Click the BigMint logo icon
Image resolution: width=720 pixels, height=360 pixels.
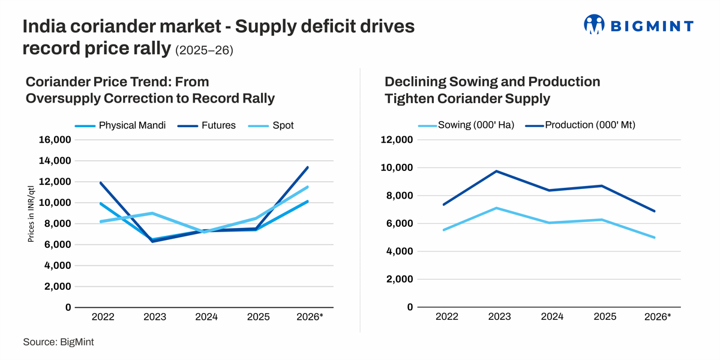pyautogui.click(x=595, y=25)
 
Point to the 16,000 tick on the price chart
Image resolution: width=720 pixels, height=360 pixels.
pyautogui.click(x=56, y=140)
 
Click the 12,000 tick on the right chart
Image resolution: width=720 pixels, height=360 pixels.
pyautogui.click(x=397, y=140)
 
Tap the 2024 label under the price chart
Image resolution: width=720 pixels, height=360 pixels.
pyautogui.click(x=206, y=316)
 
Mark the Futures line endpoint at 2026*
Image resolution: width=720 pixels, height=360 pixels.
pyautogui.click(x=308, y=167)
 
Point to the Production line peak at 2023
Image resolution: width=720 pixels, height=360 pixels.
pyautogui.click(x=496, y=171)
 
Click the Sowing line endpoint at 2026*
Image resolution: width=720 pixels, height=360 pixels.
pyautogui.click(x=655, y=238)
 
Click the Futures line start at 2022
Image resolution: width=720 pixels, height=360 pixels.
pyautogui.click(x=101, y=183)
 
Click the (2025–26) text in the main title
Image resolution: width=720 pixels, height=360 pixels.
pyautogui.click(x=204, y=50)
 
